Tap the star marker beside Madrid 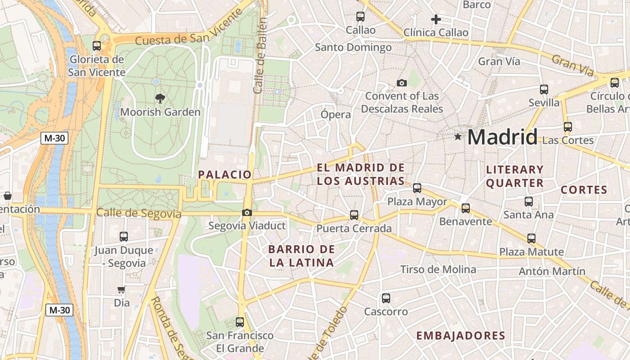[458, 136]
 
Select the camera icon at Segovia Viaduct [247, 213]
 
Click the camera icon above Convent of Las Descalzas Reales [402, 83]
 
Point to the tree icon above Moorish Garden [159, 99]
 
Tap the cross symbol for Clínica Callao [436, 19]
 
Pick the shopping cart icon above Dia [121, 290]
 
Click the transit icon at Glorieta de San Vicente [96, 45]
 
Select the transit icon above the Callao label [360, 17]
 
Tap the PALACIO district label [225, 175]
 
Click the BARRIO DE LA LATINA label [301, 256]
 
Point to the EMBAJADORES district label [461, 336]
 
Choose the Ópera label [336, 114]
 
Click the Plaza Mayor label [417, 202]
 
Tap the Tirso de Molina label [438, 270]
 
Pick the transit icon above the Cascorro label [386, 298]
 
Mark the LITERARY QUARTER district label [515, 176]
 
